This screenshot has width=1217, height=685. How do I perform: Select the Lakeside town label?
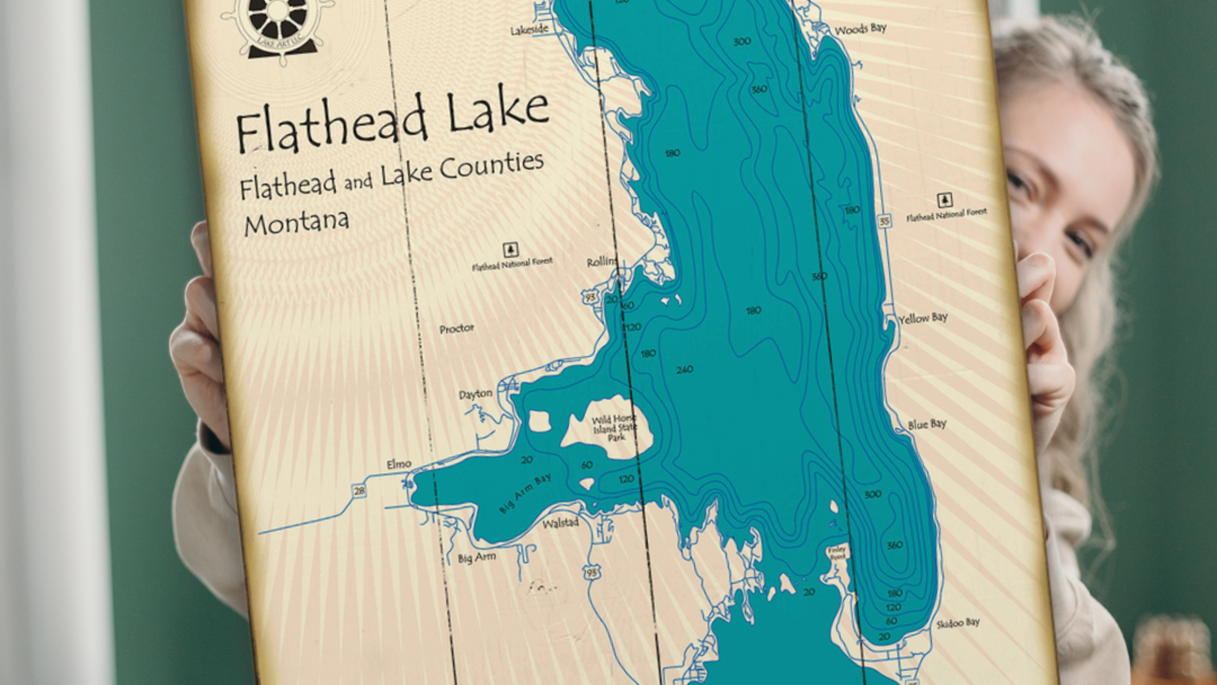point(529,30)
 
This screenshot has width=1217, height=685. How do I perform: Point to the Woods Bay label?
point(861,29)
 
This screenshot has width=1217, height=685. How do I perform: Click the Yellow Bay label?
point(923,318)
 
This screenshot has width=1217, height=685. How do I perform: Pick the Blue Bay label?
point(927,424)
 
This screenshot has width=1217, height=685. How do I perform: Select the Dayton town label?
point(475,394)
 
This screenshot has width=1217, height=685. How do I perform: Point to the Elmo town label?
point(399,464)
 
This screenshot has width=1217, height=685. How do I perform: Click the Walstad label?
point(561,523)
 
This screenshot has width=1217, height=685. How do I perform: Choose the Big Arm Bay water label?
point(525,494)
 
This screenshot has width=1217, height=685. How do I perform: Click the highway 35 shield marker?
point(884,221)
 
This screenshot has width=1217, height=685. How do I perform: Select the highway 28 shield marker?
point(359,491)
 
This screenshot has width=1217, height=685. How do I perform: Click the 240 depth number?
point(685,370)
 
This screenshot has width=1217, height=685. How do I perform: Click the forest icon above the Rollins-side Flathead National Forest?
point(510,250)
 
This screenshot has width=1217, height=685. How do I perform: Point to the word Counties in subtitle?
point(492,166)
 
